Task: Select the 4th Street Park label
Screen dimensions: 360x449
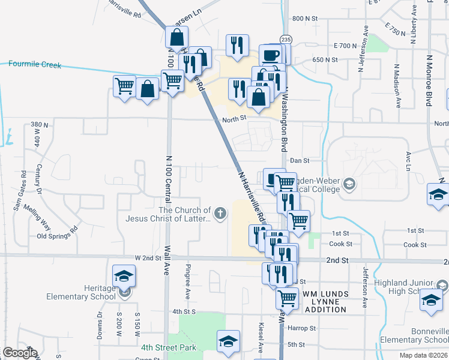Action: [x=169, y=347]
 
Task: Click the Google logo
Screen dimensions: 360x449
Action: [x=20, y=353]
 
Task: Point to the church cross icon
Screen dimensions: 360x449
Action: [x=221, y=212]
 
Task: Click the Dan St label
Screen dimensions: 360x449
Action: [x=299, y=161]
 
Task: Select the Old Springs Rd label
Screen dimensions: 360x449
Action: [x=58, y=233]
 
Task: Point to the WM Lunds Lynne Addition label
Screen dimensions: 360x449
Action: [x=325, y=301]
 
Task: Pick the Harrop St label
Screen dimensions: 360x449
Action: [x=301, y=329]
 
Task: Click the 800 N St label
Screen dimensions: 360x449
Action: [x=304, y=19]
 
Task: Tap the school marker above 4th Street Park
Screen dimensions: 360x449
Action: [x=228, y=341]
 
